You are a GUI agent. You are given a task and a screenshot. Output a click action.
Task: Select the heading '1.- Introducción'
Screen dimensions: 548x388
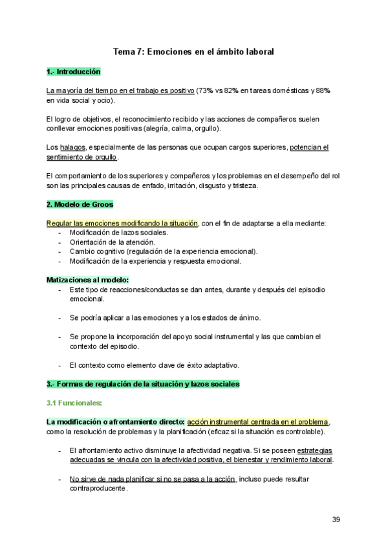coord(73,72)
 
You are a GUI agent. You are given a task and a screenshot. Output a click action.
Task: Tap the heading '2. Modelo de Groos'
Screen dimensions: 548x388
coord(80,205)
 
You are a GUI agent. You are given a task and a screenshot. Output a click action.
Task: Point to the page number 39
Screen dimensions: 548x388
coord(336,519)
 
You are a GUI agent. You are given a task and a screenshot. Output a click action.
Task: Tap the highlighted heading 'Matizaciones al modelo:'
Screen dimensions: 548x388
coord(88,280)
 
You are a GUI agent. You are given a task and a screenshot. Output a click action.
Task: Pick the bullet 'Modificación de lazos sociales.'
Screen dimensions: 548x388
coord(118,233)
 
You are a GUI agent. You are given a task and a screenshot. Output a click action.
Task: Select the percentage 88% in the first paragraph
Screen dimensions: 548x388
coord(323,91)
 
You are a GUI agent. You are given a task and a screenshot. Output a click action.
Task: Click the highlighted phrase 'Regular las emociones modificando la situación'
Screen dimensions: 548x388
coord(122,224)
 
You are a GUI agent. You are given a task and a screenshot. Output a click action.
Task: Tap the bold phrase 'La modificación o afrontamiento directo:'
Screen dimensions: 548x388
coord(116,422)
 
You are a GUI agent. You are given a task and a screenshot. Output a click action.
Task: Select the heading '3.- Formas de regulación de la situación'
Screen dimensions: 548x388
coord(143,384)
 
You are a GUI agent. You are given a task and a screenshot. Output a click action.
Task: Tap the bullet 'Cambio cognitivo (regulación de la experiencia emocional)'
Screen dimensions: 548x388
coord(164,251)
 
